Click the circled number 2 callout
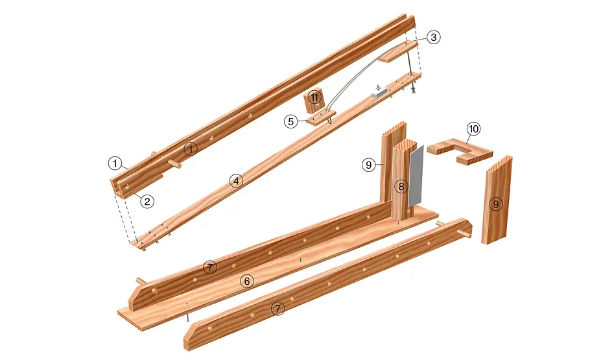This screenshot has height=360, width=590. [147, 202]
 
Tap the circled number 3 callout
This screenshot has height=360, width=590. [434, 37]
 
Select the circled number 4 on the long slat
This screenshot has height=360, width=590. [236, 181]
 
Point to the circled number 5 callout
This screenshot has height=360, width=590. [290, 122]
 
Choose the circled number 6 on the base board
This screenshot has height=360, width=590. [247, 281]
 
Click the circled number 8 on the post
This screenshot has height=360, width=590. [401, 186]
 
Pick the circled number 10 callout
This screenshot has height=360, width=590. [473, 129]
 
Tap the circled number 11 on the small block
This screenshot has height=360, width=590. [314, 98]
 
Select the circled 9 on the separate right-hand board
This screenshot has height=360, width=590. [496, 204]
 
